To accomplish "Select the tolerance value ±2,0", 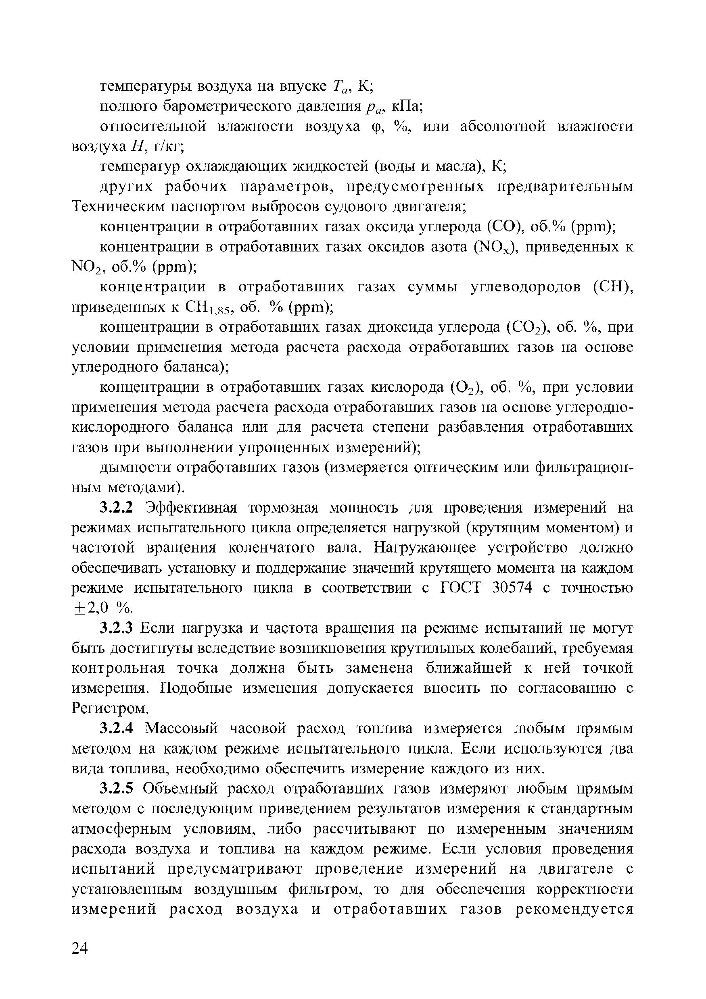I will [89, 608].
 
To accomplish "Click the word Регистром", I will [110, 708].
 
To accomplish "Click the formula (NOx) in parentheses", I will [495, 247].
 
